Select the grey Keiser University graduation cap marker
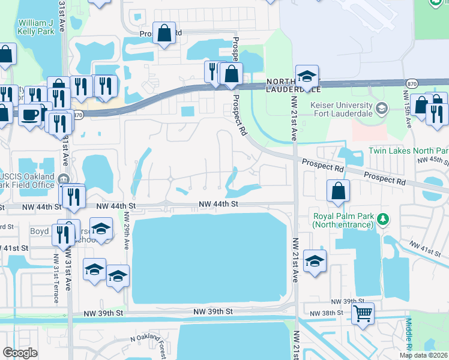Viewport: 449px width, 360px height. [x=381, y=109]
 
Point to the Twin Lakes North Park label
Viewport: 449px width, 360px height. [x=408, y=150]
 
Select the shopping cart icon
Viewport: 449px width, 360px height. [x=363, y=313]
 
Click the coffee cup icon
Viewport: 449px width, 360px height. [x=29, y=113]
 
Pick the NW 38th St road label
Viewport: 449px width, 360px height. [x=326, y=313]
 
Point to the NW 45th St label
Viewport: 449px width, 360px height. [x=432, y=161]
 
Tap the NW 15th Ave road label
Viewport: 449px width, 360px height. [x=408, y=113]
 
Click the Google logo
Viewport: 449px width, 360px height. [x=20, y=353]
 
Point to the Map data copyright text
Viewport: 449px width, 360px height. [x=424, y=355]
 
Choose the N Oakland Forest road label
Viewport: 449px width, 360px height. [x=148, y=344]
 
